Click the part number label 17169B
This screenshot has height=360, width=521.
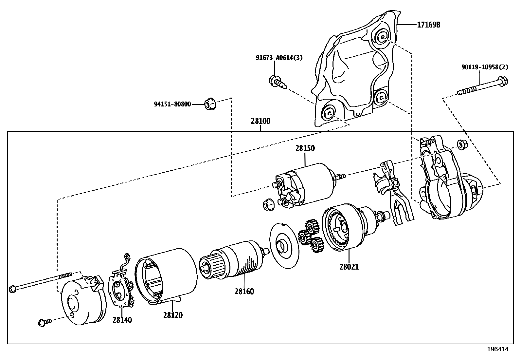pyautogui.click(x=428, y=25)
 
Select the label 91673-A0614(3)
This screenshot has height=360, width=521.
pyautogui.click(x=279, y=58)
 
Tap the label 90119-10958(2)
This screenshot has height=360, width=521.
pyautogui.click(x=485, y=67)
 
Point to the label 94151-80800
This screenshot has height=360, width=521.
pyautogui.click(x=172, y=104)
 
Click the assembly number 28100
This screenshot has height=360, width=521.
pyautogui.click(x=260, y=121)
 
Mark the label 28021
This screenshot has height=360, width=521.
pyautogui.click(x=349, y=267)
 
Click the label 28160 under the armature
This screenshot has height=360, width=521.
pyautogui.click(x=244, y=291)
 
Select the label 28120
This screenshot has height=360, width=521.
pyautogui.click(x=173, y=315)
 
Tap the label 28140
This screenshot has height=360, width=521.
pyautogui.click(x=122, y=320)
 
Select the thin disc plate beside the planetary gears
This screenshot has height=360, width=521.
pyautogui.click(x=284, y=245)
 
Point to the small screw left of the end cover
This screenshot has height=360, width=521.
pyautogui.click(x=44, y=322)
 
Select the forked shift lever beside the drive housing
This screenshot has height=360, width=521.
pyautogui.click(x=394, y=193)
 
